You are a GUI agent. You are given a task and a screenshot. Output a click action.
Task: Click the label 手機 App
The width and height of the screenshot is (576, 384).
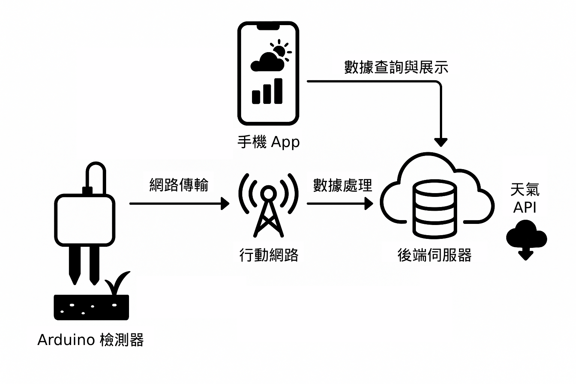click(268, 142)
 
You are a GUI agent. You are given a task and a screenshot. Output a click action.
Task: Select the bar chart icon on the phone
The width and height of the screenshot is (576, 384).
click(267, 91)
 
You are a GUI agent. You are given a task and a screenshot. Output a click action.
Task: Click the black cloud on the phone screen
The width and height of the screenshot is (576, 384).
click(267, 63)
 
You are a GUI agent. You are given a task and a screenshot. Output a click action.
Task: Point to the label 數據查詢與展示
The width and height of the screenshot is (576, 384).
click(396, 67)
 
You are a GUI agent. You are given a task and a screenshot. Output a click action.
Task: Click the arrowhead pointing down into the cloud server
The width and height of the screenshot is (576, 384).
click(441, 142)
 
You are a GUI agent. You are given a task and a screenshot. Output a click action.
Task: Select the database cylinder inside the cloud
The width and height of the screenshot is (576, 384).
click(435, 208)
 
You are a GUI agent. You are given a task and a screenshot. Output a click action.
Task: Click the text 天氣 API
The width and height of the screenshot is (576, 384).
click(525, 199)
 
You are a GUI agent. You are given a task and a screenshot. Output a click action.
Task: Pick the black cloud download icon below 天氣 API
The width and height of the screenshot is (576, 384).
click(526, 238)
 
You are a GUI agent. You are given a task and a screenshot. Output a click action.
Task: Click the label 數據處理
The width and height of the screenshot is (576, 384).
click(342, 186)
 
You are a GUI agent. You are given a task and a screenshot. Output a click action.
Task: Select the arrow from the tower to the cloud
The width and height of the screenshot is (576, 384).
click(339, 204)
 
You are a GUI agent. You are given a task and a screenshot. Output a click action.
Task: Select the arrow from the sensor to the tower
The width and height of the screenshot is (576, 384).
click(179, 204)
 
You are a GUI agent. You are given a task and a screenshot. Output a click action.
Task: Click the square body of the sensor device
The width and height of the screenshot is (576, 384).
click(84, 220)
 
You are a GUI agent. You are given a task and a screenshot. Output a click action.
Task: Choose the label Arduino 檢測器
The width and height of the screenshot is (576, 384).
click(90, 340)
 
